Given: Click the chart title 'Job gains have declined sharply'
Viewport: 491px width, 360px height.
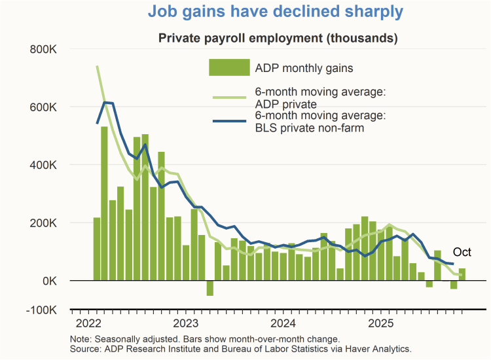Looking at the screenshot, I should (276, 12).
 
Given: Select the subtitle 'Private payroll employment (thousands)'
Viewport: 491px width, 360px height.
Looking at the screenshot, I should (278, 38).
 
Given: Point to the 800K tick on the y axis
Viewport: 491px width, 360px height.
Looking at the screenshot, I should (43, 49).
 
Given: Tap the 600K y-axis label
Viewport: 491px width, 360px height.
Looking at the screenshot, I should (43, 107).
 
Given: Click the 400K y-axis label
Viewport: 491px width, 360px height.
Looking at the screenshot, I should (43, 165).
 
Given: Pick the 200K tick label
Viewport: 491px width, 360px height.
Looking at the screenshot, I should (43, 223).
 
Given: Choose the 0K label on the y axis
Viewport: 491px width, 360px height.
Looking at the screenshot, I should (49, 281).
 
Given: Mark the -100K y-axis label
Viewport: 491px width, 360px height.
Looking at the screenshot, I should (41, 310).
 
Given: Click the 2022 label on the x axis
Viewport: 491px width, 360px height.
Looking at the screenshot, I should (88, 324).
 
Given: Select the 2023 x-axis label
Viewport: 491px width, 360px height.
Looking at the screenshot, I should (185, 324).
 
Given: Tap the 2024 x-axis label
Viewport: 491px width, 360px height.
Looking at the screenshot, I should (283, 324).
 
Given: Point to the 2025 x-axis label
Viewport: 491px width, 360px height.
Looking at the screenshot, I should (381, 324).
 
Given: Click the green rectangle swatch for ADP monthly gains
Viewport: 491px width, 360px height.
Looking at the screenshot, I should (229, 67).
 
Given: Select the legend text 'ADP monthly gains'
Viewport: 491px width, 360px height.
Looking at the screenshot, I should (304, 67).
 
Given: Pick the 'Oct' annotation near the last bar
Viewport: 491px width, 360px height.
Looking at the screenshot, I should (462, 253).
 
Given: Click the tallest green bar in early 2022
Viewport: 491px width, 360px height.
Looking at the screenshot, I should (104, 203).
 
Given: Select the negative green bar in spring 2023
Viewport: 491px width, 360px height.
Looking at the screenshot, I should (210, 288).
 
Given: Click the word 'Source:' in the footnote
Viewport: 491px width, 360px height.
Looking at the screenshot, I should (85, 349).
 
